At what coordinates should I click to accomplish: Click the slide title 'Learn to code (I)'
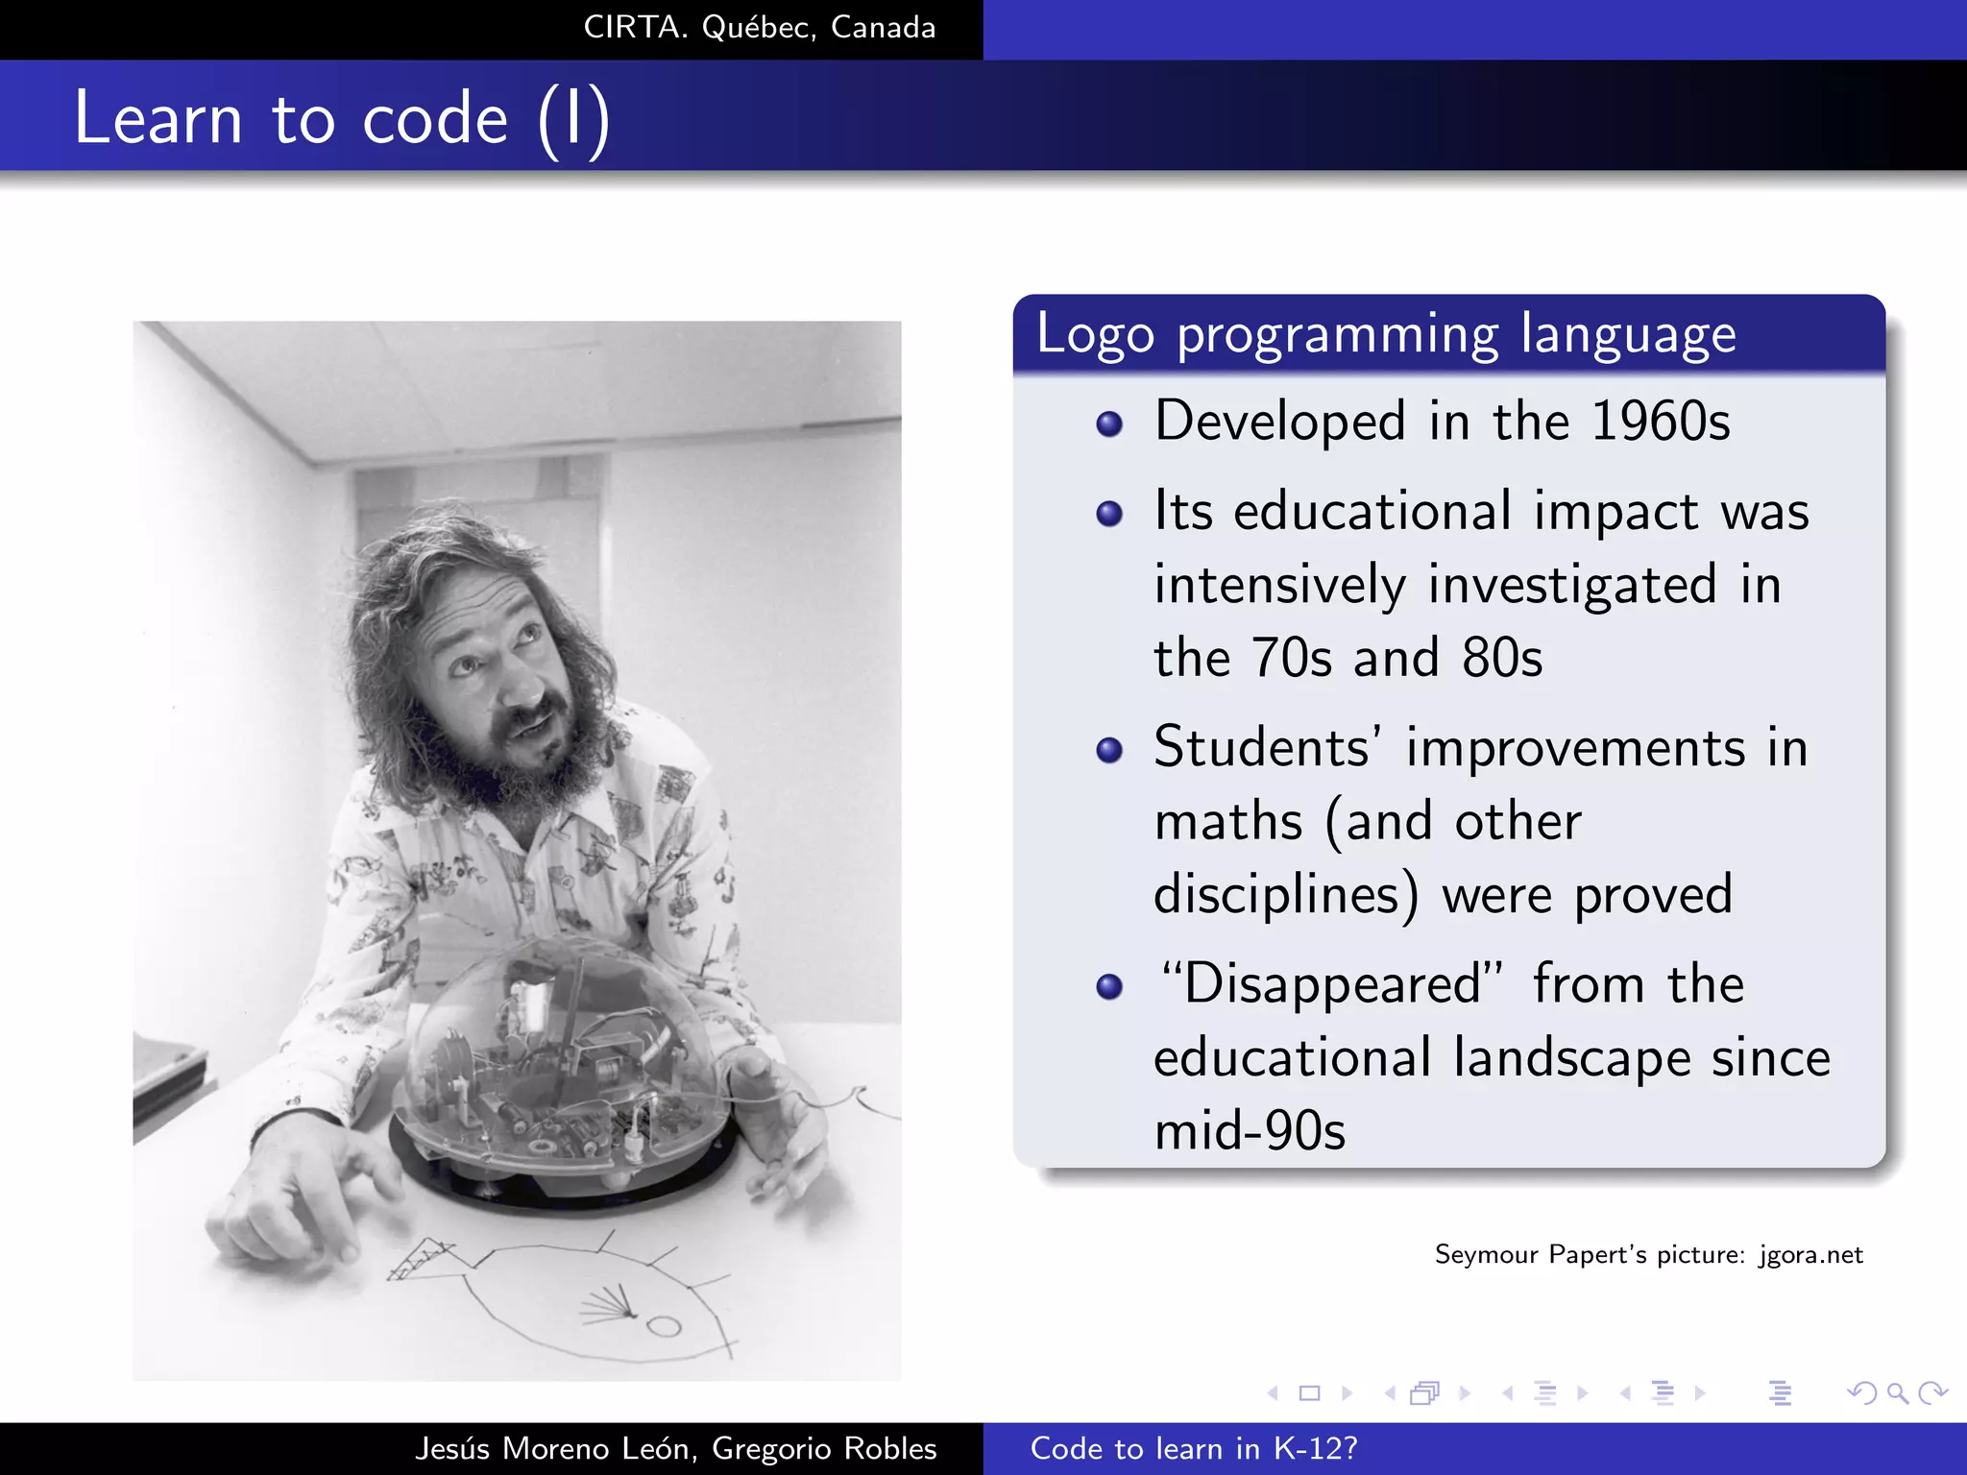point(341,118)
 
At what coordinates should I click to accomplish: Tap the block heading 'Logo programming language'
point(1385,335)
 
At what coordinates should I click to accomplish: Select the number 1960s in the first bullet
point(1661,422)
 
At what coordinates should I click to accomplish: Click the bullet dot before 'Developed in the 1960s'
point(1109,423)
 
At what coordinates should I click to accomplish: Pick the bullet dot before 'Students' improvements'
point(1109,750)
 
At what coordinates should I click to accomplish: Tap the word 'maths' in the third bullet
point(1227,822)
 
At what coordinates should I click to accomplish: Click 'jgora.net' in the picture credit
point(1810,1255)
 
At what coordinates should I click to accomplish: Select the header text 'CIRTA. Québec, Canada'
point(759,28)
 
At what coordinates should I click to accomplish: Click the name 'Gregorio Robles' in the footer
point(823,1448)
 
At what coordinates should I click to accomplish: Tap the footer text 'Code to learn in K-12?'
point(1194,1448)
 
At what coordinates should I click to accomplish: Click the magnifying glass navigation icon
point(1897,1392)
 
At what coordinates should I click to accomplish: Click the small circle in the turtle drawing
point(663,1327)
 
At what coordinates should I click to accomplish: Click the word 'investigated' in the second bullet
point(1571,586)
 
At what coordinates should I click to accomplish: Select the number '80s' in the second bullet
point(1501,659)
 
